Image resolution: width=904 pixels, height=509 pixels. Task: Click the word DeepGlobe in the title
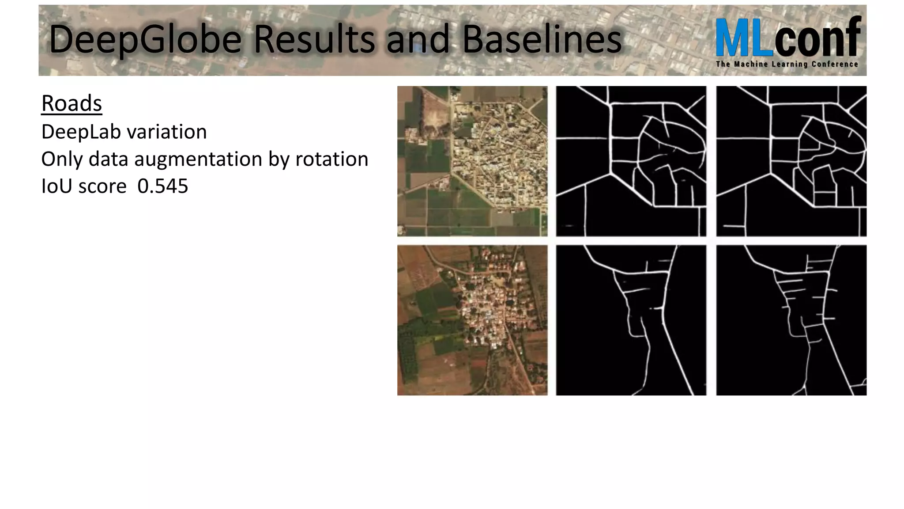[146, 40]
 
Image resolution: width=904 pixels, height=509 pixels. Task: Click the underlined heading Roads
[72, 104]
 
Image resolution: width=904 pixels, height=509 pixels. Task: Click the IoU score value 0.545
[162, 186]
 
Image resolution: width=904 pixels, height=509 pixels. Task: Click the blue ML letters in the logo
[745, 38]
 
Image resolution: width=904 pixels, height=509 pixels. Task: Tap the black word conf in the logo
[817, 38]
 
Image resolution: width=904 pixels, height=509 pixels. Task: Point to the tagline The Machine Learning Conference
[787, 64]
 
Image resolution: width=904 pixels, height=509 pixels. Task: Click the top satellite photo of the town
[472, 161]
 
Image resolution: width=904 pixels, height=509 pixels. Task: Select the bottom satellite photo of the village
[472, 320]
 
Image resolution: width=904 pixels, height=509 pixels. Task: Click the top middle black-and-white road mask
[631, 161]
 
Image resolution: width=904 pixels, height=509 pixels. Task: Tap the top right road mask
[791, 161]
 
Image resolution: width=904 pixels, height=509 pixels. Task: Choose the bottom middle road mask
[631, 320]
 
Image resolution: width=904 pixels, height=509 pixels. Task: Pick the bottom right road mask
[791, 320]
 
